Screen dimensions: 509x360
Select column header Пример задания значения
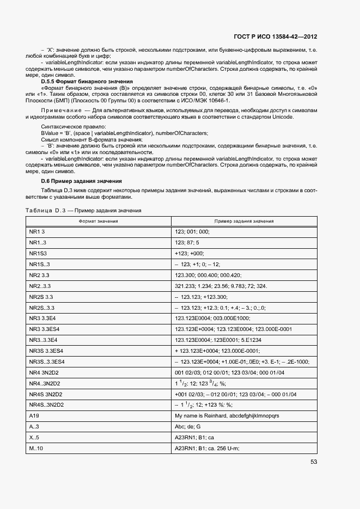pyautogui.click(x=243, y=221)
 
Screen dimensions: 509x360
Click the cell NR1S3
pyautogui.click(x=38, y=253)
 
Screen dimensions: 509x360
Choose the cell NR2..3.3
pyautogui.click(x=40, y=286)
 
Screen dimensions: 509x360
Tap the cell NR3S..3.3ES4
pyautogui.click(x=47, y=361)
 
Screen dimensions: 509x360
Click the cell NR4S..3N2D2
pyautogui.click(x=46, y=404)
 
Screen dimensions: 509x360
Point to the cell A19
pyautogui.click(x=34, y=415)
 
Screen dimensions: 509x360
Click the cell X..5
pyautogui.click(x=34, y=437)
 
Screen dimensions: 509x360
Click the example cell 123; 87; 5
pyautogui.click(x=187, y=242)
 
